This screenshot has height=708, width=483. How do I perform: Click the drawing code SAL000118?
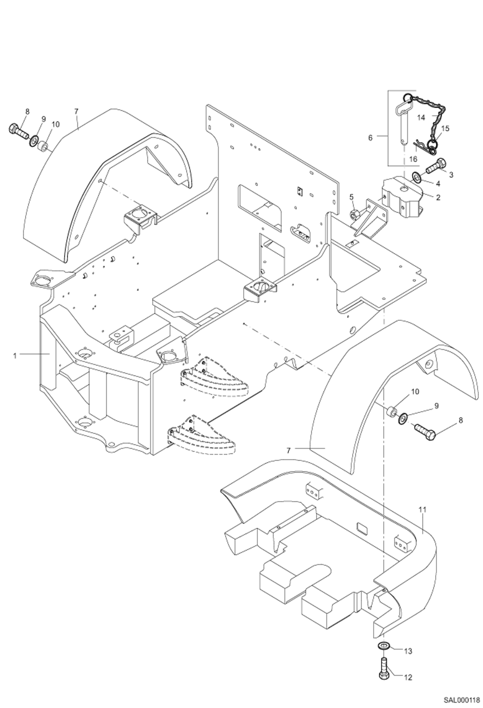(461, 698)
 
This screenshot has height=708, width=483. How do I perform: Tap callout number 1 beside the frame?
(15, 356)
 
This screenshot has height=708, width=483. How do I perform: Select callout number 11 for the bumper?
(423, 510)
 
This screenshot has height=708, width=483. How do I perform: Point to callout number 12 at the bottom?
(408, 678)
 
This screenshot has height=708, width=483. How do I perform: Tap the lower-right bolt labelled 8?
(425, 430)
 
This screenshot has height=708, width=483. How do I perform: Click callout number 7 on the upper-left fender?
(76, 111)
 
